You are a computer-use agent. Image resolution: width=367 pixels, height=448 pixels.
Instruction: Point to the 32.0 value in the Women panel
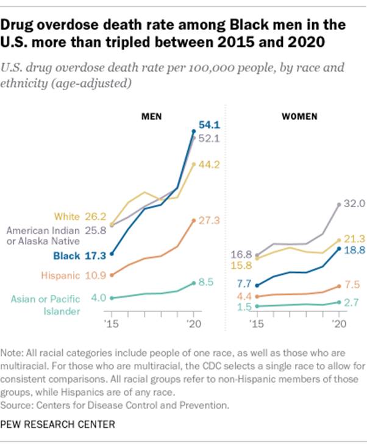[x=354, y=204]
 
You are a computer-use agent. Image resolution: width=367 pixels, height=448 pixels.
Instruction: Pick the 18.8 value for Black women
[x=354, y=250]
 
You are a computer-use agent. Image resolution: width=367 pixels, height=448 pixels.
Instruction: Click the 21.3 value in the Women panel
[x=354, y=238]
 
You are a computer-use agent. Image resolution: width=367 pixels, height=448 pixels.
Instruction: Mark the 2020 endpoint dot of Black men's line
[x=194, y=131]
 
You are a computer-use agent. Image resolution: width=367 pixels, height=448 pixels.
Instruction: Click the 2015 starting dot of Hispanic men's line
[x=112, y=275]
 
